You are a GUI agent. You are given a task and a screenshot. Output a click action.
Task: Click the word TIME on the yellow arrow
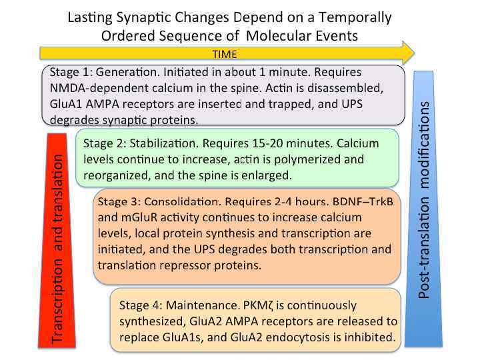pos(225,54)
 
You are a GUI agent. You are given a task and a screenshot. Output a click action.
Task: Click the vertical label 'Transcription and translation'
pos(59,248)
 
